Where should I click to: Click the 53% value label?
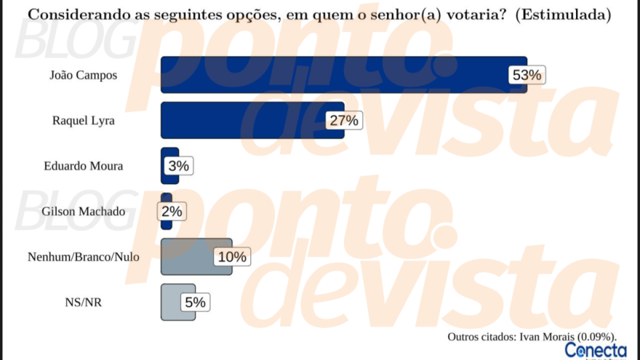coord(527,75)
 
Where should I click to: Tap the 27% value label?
coord(344,121)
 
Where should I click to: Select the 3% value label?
coord(179,166)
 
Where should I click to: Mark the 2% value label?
coord(172,212)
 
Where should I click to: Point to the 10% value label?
coord(233,257)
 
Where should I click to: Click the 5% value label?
coord(196,302)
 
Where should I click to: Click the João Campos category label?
coord(83,75)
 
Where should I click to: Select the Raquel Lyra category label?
coord(84,121)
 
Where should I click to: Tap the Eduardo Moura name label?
coord(84,166)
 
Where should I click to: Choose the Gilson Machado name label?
coord(84,212)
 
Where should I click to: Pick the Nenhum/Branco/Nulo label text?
coord(84,257)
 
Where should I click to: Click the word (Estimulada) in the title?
coord(562,14)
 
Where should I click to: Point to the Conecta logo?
coord(596,351)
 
